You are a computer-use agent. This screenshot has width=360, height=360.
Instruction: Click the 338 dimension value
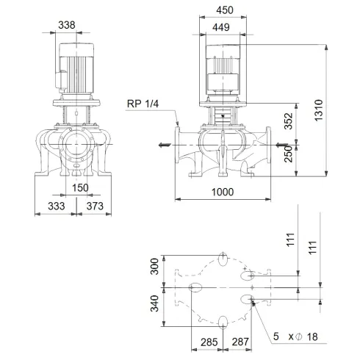point(67,25)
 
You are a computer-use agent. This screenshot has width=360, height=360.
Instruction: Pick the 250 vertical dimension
point(289,154)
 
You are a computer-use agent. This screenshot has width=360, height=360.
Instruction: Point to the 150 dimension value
point(80,188)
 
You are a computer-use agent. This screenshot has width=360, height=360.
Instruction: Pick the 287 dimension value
point(240,342)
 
